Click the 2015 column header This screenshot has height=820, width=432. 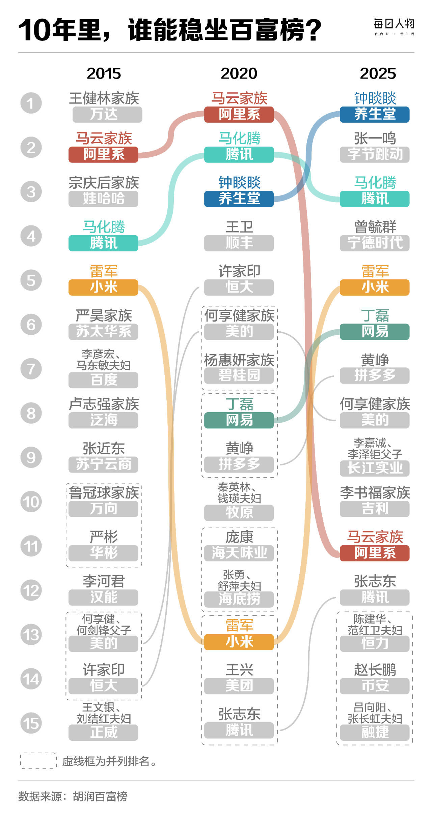104,73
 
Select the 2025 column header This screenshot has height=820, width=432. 378,73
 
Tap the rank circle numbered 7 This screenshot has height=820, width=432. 31,369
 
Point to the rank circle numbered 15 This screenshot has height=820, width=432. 31,723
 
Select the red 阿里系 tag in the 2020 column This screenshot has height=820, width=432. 239,115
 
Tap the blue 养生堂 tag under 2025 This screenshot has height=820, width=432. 375,115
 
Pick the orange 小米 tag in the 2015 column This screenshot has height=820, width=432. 103,287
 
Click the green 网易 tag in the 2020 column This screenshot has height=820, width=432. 239,420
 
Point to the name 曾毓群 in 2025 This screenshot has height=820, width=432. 375,227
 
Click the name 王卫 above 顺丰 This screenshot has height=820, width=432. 239,227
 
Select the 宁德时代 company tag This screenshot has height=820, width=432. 375,243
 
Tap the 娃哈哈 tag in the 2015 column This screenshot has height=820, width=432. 103,199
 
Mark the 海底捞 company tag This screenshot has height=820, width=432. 239,599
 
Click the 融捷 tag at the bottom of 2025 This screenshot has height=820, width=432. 375,732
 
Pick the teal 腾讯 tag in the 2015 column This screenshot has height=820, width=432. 103,243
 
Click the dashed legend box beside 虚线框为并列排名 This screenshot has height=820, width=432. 38,761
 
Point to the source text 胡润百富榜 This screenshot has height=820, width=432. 100,797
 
